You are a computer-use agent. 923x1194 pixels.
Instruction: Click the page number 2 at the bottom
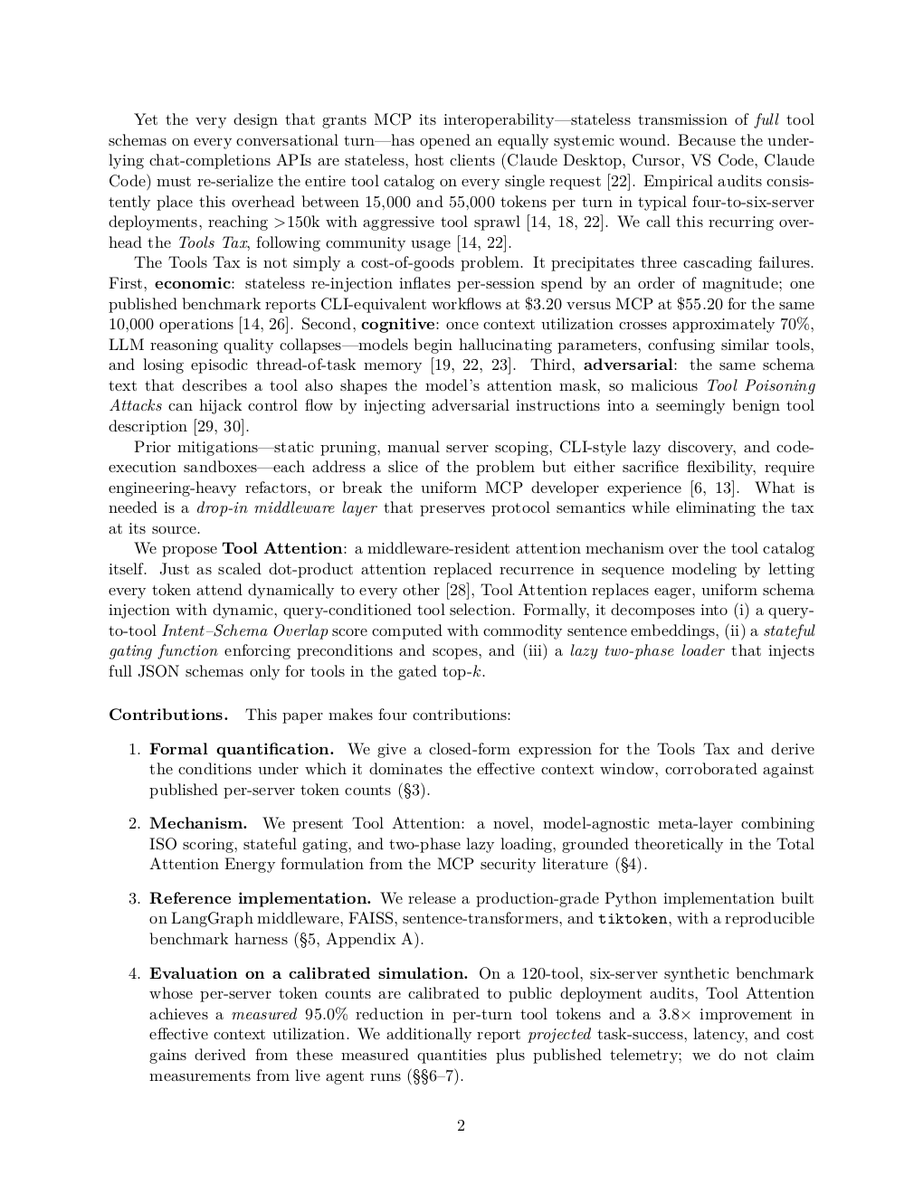pyautogui.click(x=461, y=1126)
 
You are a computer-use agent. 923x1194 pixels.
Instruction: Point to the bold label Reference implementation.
pyautogui.click(x=260, y=898)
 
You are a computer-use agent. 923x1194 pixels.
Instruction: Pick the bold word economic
pyautogui.click(x=193, y=283)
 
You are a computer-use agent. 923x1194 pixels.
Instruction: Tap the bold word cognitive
pyautogui.click(x=398, y=324)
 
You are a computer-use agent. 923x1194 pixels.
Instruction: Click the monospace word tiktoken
pyautogui.click(x=633, y=919)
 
